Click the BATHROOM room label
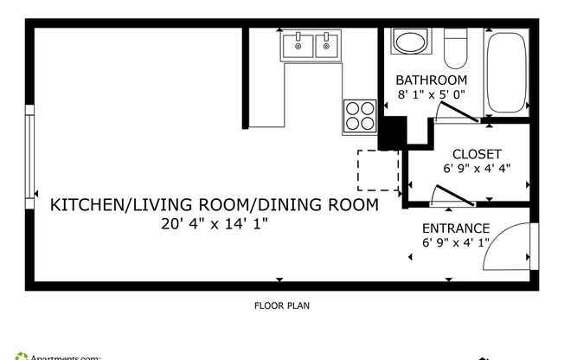432,80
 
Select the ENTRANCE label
456,228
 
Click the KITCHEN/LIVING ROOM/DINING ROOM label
214,205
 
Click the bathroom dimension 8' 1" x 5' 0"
432,95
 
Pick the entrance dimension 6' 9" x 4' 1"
456,243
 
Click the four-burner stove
360,115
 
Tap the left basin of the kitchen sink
298,46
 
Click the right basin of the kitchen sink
327,46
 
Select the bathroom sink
409,42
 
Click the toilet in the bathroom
455,48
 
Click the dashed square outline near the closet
378,170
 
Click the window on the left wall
30,152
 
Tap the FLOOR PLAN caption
282,305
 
